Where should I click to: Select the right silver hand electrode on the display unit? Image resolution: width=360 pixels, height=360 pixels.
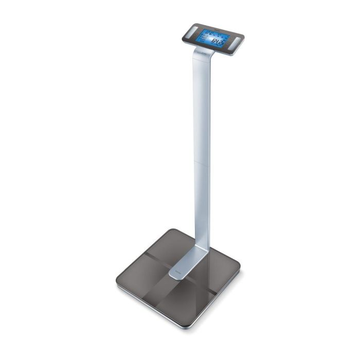[236, 43]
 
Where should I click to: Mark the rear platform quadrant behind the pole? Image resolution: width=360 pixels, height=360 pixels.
[175, 247]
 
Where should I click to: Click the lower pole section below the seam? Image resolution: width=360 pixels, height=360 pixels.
[202, 206]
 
